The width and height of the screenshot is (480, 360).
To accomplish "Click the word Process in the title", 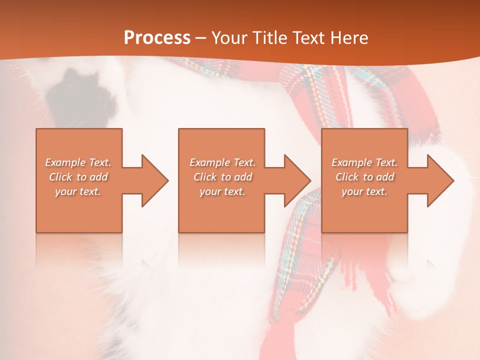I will tap(157, 38).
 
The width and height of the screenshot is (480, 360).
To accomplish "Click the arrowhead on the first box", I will tap(153, 180).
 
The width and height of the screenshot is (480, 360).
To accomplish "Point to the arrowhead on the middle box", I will tap(295, 180).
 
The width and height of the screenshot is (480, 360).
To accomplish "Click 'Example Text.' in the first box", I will tap(78, 162).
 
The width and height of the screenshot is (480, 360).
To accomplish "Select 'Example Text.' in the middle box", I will tap(222, 162).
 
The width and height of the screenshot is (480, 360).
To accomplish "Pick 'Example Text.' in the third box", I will tap(364, 162).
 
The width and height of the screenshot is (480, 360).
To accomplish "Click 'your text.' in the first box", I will tap(78, 191).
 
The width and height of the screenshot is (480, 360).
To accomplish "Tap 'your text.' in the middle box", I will tap(222, 191).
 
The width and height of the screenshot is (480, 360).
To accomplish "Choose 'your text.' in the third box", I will tap(364, 191).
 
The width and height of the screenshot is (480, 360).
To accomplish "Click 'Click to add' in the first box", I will tap(78, 177).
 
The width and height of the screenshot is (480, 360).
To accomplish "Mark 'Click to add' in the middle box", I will tap(222, 177).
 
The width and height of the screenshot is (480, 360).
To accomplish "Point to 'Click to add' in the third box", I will tap(364, 177).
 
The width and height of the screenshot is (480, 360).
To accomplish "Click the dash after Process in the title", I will tap(201, 38).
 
